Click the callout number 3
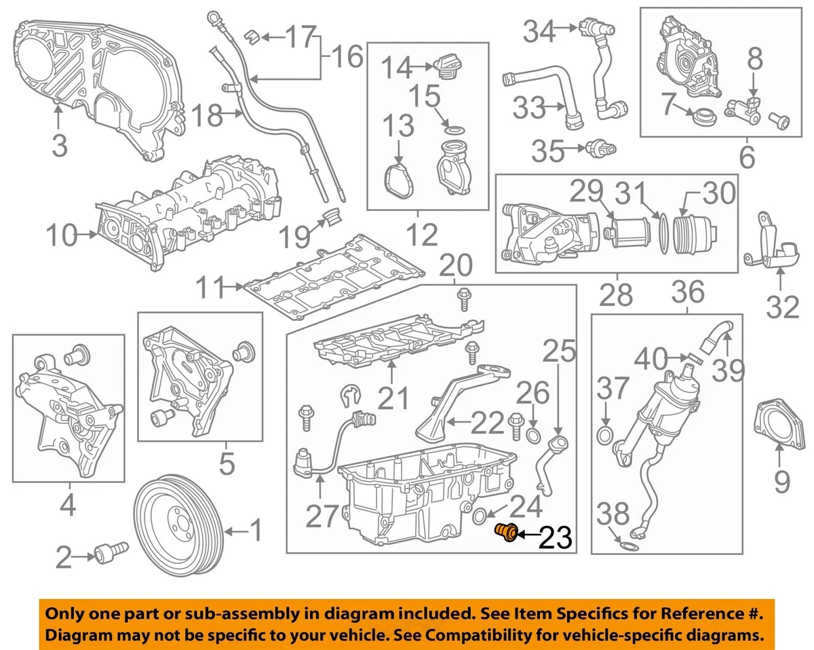click(x=59, y=144)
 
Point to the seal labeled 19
click(x=332, y=218)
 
